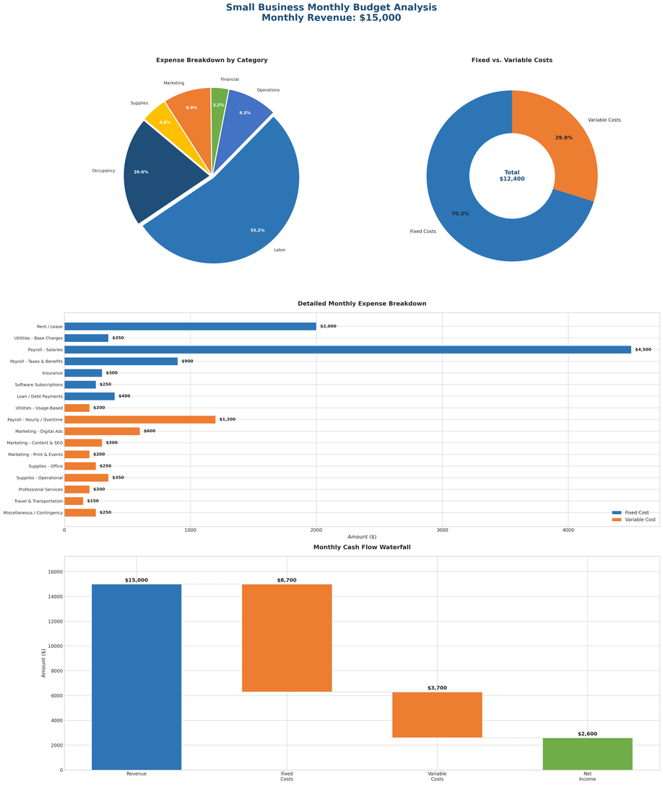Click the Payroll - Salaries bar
(x=347, y=350)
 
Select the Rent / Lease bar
(x=190, y=326)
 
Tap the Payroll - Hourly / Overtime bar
(x=139, y=419)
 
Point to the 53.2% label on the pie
(x=257, y=230)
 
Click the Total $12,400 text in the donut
(x=512, y=176)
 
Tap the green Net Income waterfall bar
(x=587, y=754)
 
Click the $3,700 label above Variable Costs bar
(x=437, y=688)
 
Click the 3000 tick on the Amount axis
(x=443, y=530)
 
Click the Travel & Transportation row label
(x=38, y=501)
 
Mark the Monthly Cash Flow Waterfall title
(x=362, y=548)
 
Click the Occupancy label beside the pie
(x=103, y=171)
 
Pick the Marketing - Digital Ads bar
(x=102, y=431)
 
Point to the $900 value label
(x=187, y=361)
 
